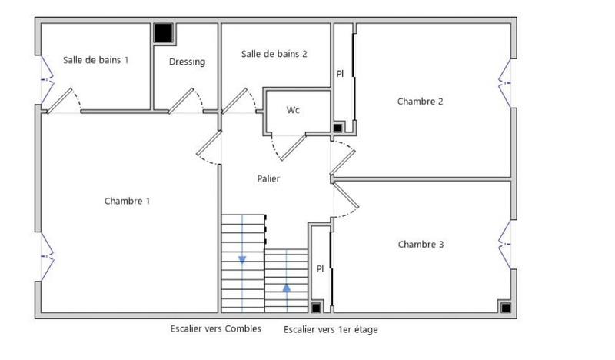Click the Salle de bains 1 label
[x=96, y=59]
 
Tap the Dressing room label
[x=187, y=62]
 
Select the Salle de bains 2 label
[x=274, y=54]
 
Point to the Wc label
[x=293, y=110]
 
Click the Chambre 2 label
[x=420, y=101]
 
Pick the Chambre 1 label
[x=127, y=201]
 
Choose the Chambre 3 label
[x=421, y=245]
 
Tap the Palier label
[x=268, y=178]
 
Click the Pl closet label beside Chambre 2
[x=340, y=74]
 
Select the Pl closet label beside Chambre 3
[x=321, y=268]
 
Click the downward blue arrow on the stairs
[x=242, y=259]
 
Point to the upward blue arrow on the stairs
[x=287, y=288]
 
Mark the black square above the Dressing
[x=163, y=33]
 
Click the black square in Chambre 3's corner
[x=505, y=308]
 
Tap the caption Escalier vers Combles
[x=215, y=328]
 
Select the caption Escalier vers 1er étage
[x=331, y=329]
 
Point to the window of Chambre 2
[x=507, y=79]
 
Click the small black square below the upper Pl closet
[x=337, y=127]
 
